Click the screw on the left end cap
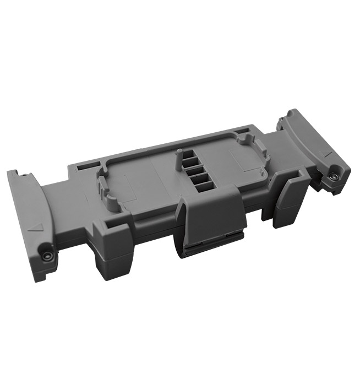click(x=47, y=257)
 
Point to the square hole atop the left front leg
click(x=110, y=225)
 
